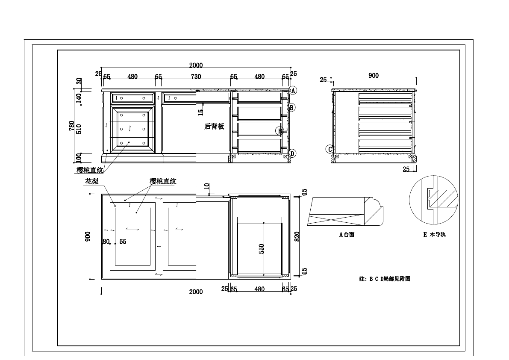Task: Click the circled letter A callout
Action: point(293,90)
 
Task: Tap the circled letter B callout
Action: point(292,108)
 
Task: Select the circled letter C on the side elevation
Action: point(329,149)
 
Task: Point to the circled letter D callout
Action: point(292,153)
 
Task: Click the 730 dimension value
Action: point(196,77)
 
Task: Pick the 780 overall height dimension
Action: point(72,126)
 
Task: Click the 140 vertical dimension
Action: point(79,98)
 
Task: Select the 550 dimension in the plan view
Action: point(262,248)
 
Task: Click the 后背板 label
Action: point(214,127)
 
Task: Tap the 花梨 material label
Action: point(92,181)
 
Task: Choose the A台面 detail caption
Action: point(347,235)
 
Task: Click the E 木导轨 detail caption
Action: point(434,235)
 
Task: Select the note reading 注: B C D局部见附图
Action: point(385,279)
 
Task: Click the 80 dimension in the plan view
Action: point(106,242)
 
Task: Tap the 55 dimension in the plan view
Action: point(123,242)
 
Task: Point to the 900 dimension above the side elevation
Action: point(373,76)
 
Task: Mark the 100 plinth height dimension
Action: point(79,158)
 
